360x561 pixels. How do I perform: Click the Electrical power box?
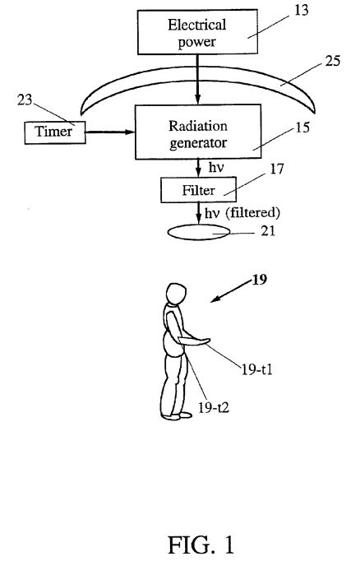197,32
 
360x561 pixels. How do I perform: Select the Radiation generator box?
198,132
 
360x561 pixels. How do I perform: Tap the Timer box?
55,132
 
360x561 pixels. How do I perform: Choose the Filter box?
198,190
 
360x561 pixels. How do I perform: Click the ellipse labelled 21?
199,232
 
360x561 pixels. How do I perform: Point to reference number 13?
301,10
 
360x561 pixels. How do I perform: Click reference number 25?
333,61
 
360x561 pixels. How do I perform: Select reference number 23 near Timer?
25,100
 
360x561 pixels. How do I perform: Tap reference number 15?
302,128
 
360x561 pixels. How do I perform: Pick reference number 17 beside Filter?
276,169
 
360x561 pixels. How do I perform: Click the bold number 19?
260,280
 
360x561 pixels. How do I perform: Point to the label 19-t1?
257,369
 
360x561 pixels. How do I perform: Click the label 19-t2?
214,407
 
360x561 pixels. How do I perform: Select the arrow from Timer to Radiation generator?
110,132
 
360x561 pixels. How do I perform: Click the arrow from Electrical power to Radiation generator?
198,79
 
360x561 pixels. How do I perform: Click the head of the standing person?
176,294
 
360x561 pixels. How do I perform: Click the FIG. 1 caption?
201,545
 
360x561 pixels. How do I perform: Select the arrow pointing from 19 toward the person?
231,291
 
